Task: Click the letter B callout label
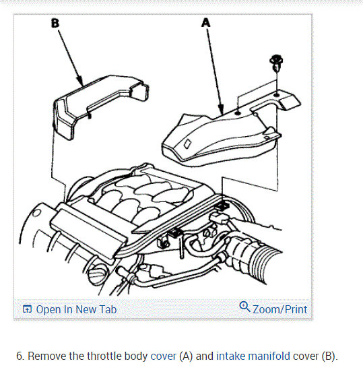[x=55, y=24]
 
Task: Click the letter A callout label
[x=205, y=23]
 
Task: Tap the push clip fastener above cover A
[x=276, y=63]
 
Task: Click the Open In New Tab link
[x=76, y=309]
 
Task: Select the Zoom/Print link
[x=280, y=309]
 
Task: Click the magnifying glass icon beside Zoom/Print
[x=244, y=307]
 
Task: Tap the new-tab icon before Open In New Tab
[x=27, y=309]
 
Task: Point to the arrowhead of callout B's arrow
[x=81, y=82]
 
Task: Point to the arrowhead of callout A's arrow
[x=221, y=110]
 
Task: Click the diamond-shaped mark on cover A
[x=188, y=144]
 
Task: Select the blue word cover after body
[x=163, y=356]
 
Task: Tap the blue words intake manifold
[x=253, y=356]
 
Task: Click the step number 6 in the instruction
[x=20, y=356]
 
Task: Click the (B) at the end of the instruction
[x=329, y=356]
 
